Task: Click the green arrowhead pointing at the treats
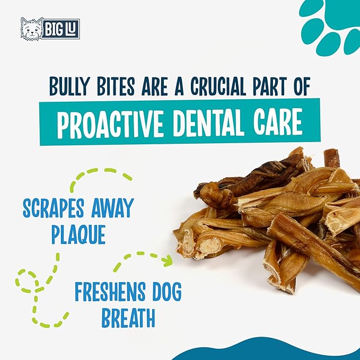point(168,260)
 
